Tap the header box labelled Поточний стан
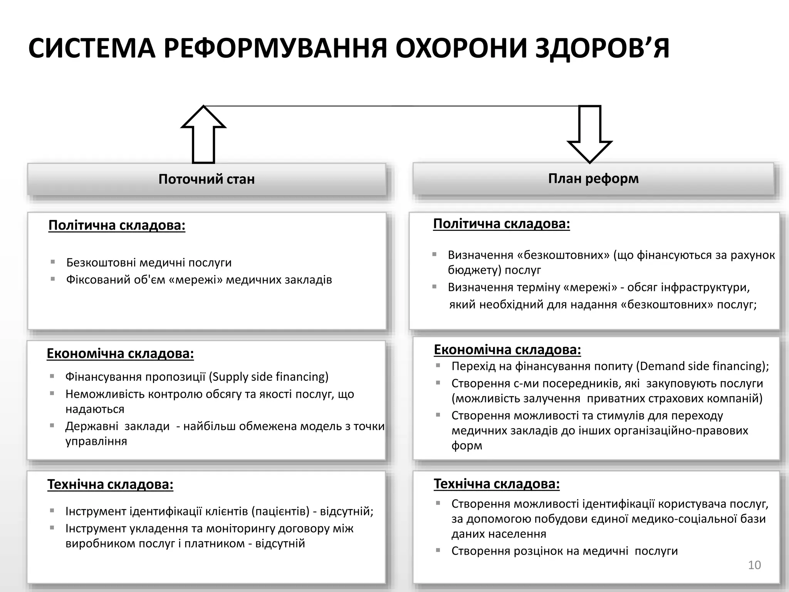click(x=207, y=179)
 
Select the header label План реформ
click(x=593, y=178)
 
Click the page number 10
click(x=754, y=565)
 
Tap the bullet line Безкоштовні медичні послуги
click(x=149, y=262)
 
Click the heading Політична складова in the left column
click(x=117, y=225)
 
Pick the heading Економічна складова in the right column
click(x=507, y=350)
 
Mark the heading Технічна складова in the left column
click(x=110, y=484)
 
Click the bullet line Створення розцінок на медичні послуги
click(x=564, y=551)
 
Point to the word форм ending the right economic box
click(x=467, y=446)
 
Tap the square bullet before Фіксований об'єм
click(x=53, y=279)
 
